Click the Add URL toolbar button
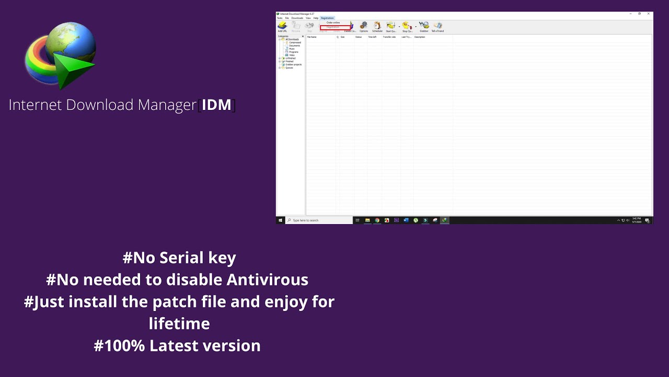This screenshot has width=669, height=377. point(282,27)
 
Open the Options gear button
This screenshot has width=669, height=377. point(364,27)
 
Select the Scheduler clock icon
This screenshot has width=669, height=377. point(377,27)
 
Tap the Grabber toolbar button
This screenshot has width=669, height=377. point(424,27)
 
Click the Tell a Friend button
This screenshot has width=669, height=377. point(437,27)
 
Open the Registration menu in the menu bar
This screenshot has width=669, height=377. point(327,18)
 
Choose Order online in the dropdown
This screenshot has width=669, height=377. point(333,23)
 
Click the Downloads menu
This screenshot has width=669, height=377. point(297,18)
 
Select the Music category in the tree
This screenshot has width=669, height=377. point(292,49)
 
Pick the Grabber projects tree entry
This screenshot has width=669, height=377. point(293,64)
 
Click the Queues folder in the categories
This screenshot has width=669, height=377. point(289,68)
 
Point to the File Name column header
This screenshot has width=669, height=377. point(312,37)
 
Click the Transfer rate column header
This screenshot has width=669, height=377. point(389,37)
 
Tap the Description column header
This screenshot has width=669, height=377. point(420,37)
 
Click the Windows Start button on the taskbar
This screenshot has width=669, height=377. point(281,220)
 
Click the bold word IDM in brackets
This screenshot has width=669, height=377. point(216,105)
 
